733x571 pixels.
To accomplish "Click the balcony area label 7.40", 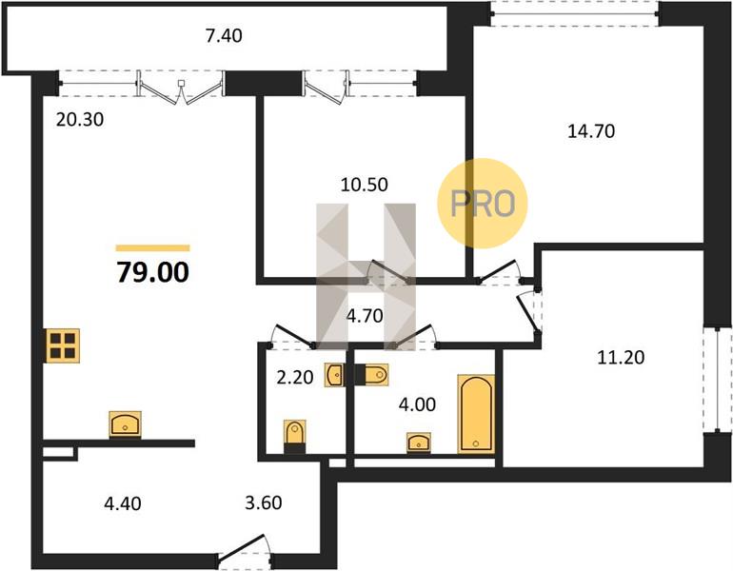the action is [x=224, y=36].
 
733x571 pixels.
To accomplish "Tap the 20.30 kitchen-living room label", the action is [x=80, y=120].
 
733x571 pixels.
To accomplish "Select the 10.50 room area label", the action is [x=365, y=185].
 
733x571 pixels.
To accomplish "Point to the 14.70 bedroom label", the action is [x=591, y=131].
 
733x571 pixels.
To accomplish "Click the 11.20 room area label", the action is [x=621, y=358].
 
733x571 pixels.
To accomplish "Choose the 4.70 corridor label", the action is [x=365, y=316].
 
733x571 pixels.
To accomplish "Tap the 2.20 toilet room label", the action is [x=294, y=377].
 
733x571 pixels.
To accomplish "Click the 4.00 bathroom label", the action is [x=417, y=404].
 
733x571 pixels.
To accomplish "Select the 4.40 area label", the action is [x=123, y=503].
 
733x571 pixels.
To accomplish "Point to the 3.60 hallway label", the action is [x=264, y=502].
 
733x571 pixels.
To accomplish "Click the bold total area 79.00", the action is [x=153, y=272].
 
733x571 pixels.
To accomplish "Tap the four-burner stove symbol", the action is [x=63, y=345].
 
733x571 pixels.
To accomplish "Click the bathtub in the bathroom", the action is [x=476, y=414].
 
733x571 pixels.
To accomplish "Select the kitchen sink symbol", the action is [x=126, y=424].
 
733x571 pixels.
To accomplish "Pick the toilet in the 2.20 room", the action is [x=295, y=437].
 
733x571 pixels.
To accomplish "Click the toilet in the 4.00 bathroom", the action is [x=371, y=375].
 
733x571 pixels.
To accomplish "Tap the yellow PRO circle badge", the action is [x=483, y=204].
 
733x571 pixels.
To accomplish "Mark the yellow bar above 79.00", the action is [x=153, y=248].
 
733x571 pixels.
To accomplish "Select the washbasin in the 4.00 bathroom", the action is [x=419, y=443].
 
